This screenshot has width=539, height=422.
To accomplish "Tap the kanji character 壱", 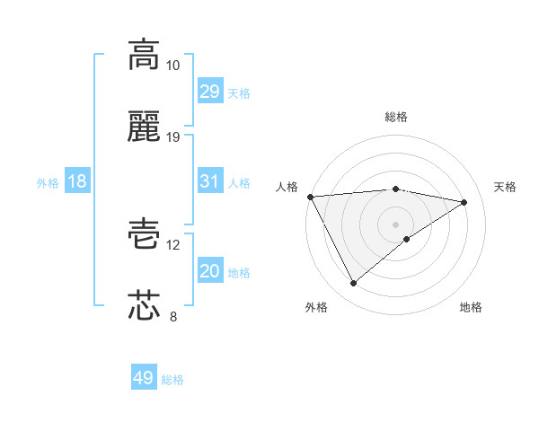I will (x=144, y=233).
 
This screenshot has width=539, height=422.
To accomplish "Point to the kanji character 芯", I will (x=144, y=304).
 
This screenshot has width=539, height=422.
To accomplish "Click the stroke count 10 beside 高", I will (x=173, y=66).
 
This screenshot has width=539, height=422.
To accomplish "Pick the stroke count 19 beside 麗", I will (x=173, y=137).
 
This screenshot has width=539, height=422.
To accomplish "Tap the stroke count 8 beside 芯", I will (x=173, y=317).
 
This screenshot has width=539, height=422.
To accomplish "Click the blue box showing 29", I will (x=209, y=92).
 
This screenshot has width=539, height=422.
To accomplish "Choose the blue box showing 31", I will (x=209, y=181).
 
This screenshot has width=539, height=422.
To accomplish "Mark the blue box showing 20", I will (x=209, y=271).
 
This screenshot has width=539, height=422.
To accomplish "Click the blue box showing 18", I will (x=77, y=181).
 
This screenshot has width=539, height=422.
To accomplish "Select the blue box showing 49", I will (x=144, y=378).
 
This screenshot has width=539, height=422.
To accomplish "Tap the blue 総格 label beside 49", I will (x=172, y=380).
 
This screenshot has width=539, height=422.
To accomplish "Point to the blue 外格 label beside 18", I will (x=48, y=183).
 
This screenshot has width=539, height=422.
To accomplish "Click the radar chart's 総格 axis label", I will (x=395, y=117).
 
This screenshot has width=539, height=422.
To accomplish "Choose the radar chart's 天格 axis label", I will (x=505, y=187).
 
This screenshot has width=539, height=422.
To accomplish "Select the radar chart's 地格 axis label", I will (x=471, y=307).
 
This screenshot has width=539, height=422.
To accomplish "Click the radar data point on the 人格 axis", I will (x=310, y=197).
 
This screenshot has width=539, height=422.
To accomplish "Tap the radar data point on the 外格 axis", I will (x=353, y=284).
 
